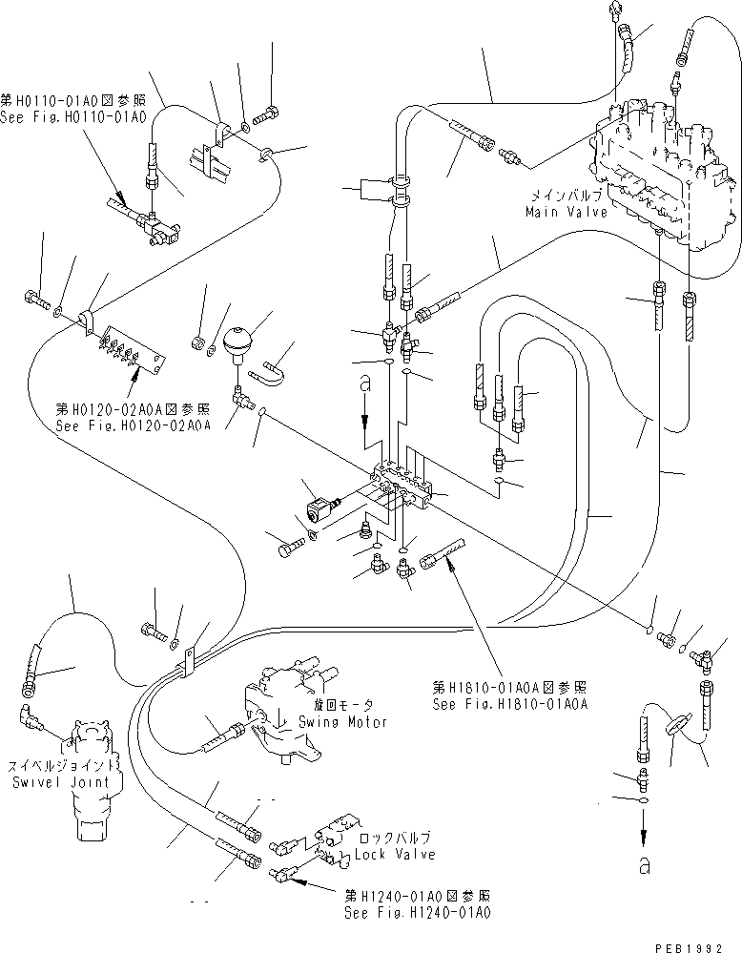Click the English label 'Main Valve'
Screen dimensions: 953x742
coord(566,212)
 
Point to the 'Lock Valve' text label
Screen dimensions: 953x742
coord(395,855)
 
